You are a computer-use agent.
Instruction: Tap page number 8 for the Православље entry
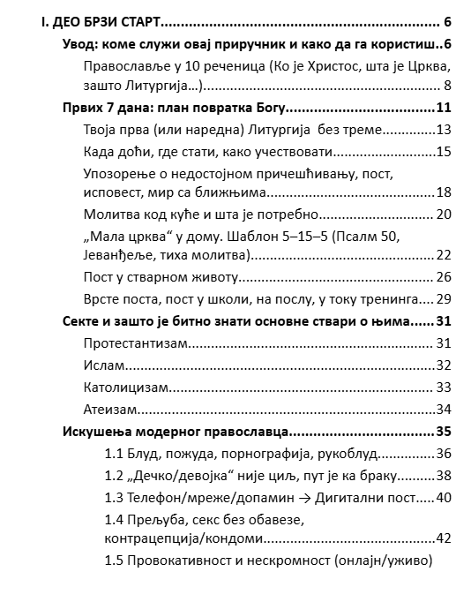446,86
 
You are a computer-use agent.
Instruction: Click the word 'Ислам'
103,364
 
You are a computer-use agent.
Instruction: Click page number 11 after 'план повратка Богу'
444,108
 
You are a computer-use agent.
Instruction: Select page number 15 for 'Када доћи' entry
444,152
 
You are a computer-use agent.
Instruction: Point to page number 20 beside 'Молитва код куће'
444,214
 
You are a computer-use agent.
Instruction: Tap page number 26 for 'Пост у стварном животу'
444,277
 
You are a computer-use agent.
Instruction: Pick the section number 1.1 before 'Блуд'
114,454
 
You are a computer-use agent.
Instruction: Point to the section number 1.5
114,561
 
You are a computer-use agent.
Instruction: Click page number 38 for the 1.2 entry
444,476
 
